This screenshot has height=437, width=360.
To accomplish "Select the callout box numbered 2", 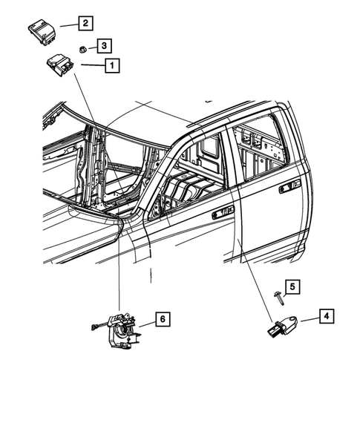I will tap(85, 24).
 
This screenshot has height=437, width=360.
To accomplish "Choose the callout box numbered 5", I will tap(292, 286).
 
